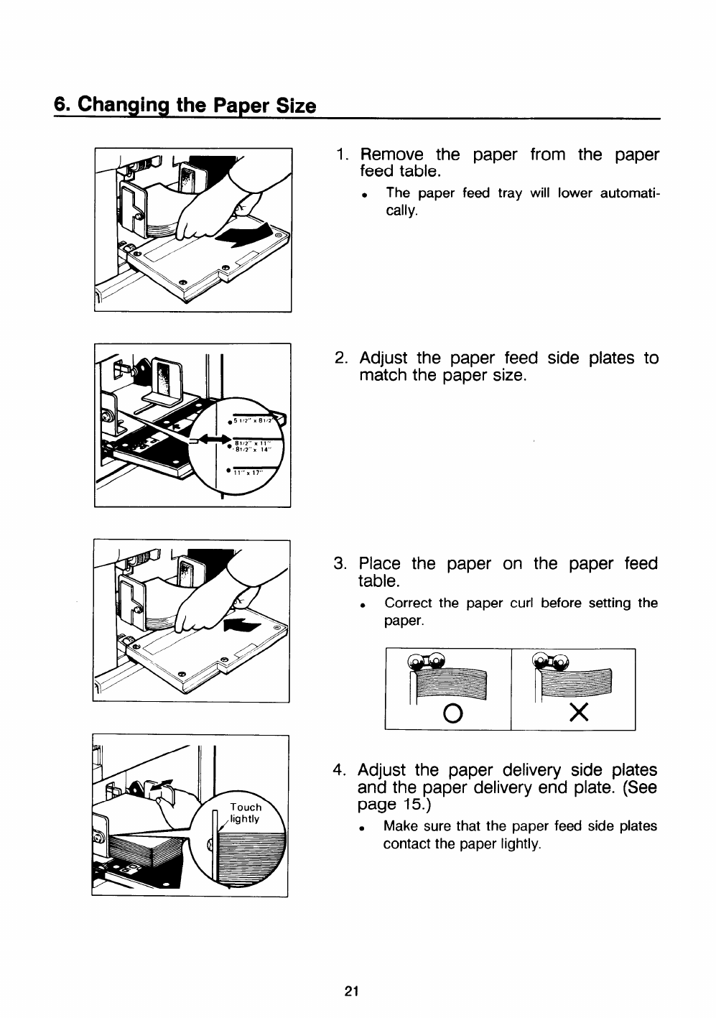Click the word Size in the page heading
297,106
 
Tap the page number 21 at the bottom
351,992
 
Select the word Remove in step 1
391,155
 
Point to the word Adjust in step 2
383,358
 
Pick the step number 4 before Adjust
340,771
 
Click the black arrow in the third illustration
241,624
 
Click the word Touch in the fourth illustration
246,806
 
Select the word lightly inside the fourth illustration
244,819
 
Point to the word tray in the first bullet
510,193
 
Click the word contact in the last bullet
407,844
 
